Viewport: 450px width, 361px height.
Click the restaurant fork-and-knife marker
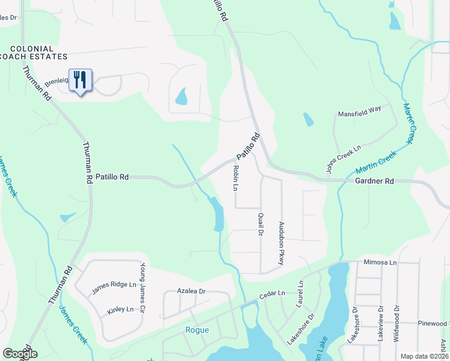tap(81, 79)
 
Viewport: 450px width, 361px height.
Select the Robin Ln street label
tap(236, 178)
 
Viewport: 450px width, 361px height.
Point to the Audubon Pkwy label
tap(280, 244)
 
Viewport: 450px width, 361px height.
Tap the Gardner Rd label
tap(374, 180)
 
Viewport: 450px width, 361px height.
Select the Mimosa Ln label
tap(381, 263)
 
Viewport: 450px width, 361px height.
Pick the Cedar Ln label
tap(271, 294)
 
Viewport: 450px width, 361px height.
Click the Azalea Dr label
tap(192, 291)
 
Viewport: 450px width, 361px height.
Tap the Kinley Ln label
tap(120, 309)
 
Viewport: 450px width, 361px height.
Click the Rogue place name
tap(197, 330)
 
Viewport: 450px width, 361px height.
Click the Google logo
tap(20, 354)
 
